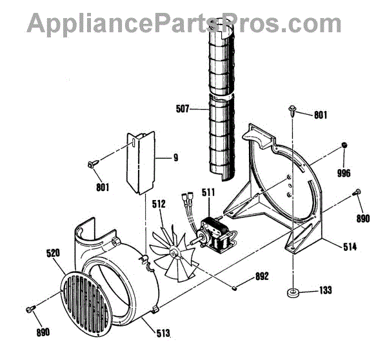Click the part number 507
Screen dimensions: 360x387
183,110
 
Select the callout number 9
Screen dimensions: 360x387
175,157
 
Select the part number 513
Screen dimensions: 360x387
164,333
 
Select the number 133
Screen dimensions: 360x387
324,291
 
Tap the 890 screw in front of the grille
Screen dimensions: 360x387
29,310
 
